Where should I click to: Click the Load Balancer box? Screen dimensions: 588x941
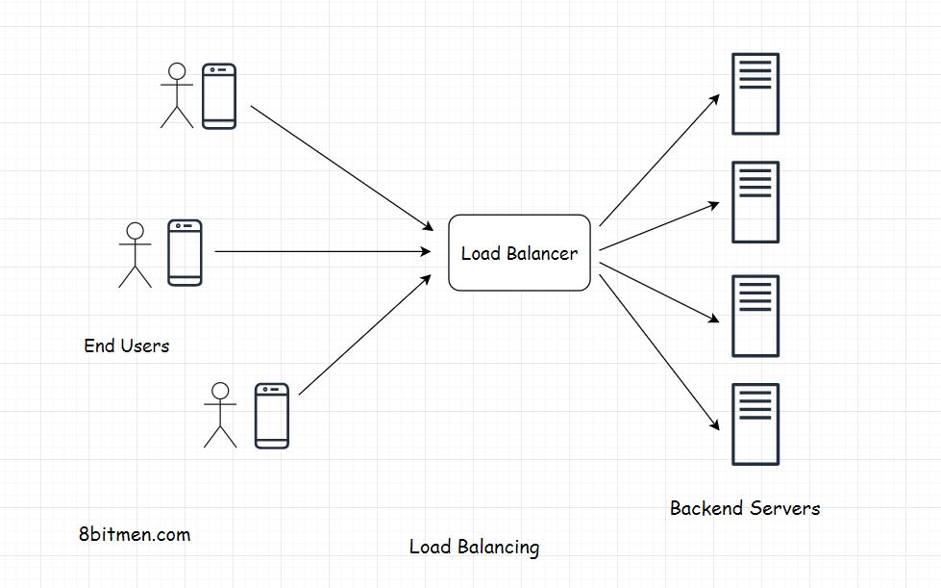(519, 253)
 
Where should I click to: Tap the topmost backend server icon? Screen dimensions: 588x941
(755, 94)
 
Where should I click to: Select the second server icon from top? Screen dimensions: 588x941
(755, 202)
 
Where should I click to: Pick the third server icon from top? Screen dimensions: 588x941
(755, 316)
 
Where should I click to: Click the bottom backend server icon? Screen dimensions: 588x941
(755, 423)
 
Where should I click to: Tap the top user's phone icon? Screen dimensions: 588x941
(219, 96)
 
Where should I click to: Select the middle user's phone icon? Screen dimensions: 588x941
(185, 252)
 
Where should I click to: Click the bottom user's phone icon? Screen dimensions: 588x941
(272, 416)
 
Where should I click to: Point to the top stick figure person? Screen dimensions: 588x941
(176, 95)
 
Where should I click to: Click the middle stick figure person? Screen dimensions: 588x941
(136, 255)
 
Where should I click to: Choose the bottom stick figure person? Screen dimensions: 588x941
(220, 415)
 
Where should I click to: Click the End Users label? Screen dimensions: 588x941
(126, 345)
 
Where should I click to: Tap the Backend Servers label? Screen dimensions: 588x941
(745, 508)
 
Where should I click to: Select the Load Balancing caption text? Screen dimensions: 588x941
(474, 548)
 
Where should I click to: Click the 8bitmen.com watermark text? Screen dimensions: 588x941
(135, 533)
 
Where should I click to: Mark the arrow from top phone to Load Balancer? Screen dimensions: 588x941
(341, 167)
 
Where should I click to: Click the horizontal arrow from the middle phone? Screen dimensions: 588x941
(322, 252)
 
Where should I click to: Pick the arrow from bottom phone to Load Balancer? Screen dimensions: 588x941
(363, 336)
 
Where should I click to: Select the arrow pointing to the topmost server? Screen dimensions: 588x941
(659, 160)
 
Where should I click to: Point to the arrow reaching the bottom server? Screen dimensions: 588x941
(659, 352)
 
